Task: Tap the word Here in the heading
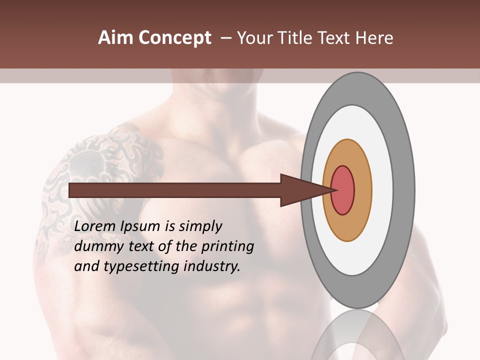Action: point(374,38)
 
